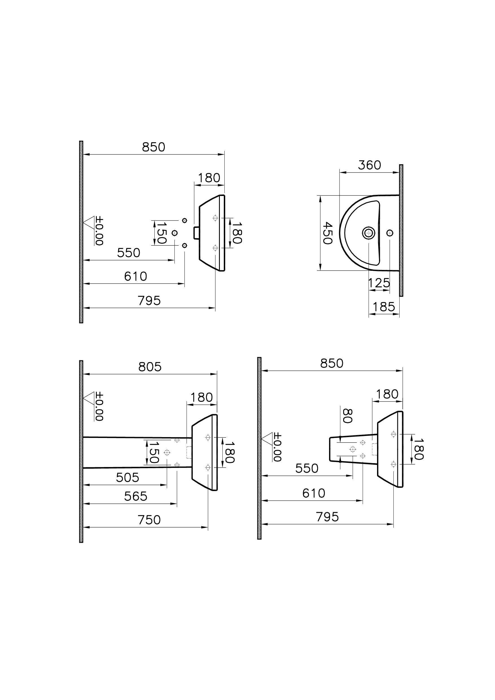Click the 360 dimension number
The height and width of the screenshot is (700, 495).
(x=369, y=165)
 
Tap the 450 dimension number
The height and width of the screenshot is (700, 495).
(x=327, y=233)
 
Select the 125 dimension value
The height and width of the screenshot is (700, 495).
(x=379, y=283)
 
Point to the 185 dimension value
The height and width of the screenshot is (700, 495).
(x=384, y=307)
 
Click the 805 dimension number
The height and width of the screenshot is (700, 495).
(x=150, y=367)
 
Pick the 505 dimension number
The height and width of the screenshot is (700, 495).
(x=127, y=478)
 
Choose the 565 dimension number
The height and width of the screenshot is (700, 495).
(x=136, y=497)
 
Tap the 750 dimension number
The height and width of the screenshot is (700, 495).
(x=149, y=520)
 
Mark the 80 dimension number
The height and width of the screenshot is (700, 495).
(x=347, y=416)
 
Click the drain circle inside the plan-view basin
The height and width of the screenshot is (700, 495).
(x=369, y=233)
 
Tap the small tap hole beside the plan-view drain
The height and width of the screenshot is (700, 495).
(x=389, y=233)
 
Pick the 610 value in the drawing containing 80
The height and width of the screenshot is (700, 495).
(x=314, y=493)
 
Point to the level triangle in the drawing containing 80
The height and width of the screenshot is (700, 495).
(x=267, y=439)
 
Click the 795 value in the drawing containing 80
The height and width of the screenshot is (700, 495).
(x=327, y=517)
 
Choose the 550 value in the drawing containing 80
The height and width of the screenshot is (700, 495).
(x=307, y=468)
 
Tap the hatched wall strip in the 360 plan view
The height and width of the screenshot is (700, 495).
(x=401, y=230)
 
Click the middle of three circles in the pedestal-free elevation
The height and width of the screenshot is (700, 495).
(x=174, y=233)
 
